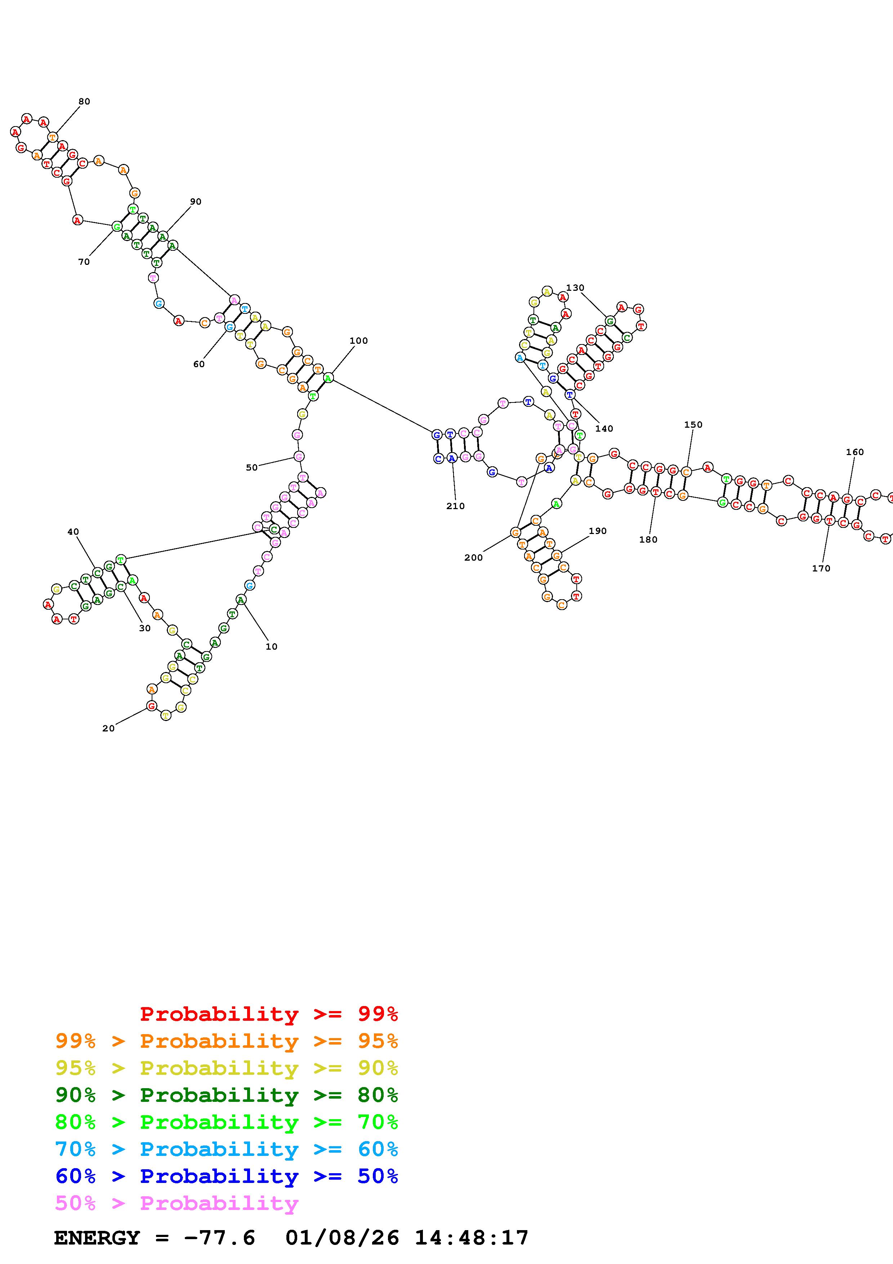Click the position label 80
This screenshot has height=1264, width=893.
click(x=84, y=101)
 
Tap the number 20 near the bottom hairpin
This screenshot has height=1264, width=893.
click(x=108, y=728)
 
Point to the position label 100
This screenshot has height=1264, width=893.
click(x=359, y=341)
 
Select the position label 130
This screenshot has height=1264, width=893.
click(x=575, y=288)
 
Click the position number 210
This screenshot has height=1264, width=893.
click(x=456, y=506)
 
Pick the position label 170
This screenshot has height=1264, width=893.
click(x=821, y=568)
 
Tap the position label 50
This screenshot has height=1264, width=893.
click(x=251, y=467)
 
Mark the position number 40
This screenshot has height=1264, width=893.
click(x=73, y=532)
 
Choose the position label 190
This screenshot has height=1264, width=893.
click(x=598, y=531)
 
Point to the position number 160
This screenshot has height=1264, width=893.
click(x=855, y=452)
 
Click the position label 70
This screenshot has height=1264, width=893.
click(x=84, y=262)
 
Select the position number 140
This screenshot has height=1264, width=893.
click(x=604, y=429)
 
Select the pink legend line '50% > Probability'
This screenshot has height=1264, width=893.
click(x=176, y=1203)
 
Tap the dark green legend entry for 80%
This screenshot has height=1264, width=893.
click(x=226, y=1095)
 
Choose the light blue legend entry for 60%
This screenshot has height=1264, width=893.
click(x=226, y=1149)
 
